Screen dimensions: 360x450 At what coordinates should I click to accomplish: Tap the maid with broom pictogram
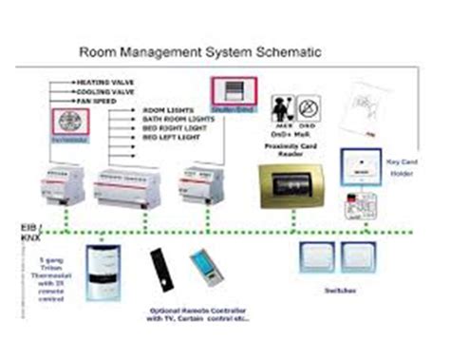(281, 106)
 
